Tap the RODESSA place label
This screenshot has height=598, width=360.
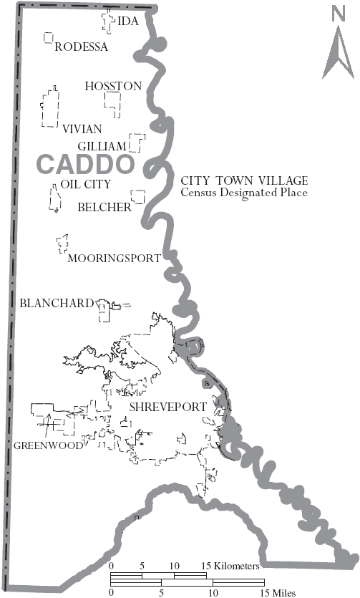coord(81,47)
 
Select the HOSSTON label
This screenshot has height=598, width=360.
coord(113,86)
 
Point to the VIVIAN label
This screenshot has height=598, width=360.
coord(82,129)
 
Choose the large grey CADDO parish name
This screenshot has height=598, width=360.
coord(85,164)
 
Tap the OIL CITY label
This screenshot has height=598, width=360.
coord(86,184)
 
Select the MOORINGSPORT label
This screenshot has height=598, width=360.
coord(114,259)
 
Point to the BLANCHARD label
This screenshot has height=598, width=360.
coord(57,303)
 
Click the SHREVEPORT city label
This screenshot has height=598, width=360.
coord(167,407)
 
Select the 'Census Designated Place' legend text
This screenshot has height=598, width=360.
coord(243,193)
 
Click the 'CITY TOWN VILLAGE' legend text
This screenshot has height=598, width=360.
coord(243,180)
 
